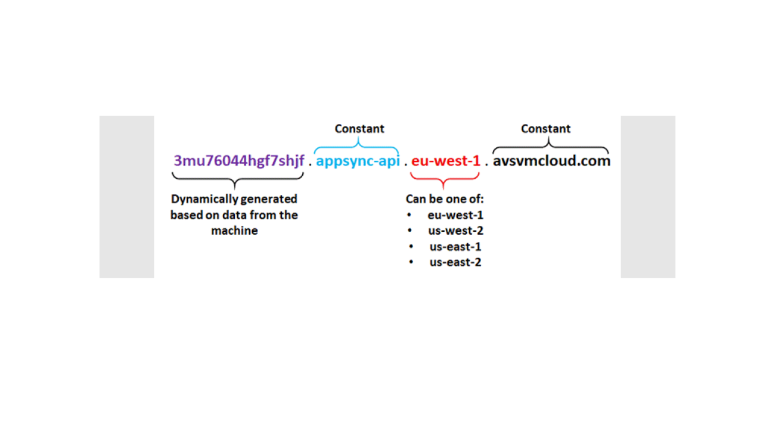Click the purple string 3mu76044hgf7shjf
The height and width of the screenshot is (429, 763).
point(239,161)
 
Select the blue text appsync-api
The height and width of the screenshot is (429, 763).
point(358,161)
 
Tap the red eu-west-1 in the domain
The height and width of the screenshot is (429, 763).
point(445,161)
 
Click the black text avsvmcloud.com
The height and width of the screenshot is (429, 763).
point(551,161)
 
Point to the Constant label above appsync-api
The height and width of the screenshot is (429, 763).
point(359,129)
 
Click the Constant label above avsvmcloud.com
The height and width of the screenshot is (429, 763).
point(545,129)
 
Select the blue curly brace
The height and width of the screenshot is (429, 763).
point(356,147)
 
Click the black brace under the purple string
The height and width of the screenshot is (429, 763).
point(237,179)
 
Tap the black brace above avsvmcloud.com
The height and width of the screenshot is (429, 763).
point(550,147)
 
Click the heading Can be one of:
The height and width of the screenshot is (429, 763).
point(445,199)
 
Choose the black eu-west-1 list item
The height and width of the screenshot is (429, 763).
point(455,215)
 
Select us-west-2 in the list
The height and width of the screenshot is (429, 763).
point(456,231)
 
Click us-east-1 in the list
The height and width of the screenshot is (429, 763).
point(455,247)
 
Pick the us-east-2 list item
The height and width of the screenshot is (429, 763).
point(455,262)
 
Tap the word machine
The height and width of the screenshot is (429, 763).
point(234,231)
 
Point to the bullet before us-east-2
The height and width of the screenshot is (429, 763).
point(411,262)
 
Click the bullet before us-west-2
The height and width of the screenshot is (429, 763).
point(410,231)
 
